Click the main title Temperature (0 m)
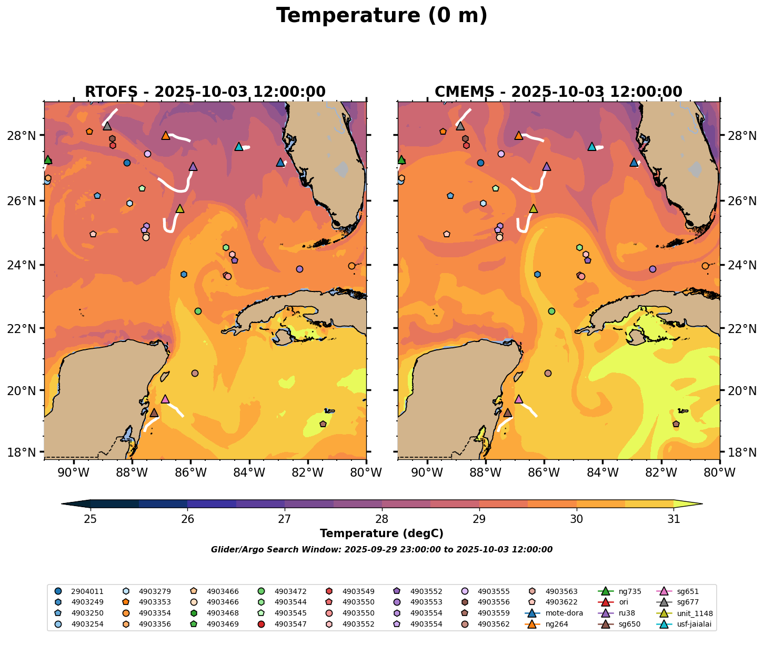coord(381,16)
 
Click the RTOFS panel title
coord(205,92)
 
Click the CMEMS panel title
coord(558,92)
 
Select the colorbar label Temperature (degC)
coord(381,533)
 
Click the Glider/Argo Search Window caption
coord(381,550)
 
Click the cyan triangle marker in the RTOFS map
coord(238,147)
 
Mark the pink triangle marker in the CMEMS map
coord(519,399)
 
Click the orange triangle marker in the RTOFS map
coord(166,136)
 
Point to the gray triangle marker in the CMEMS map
coord(460,126)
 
